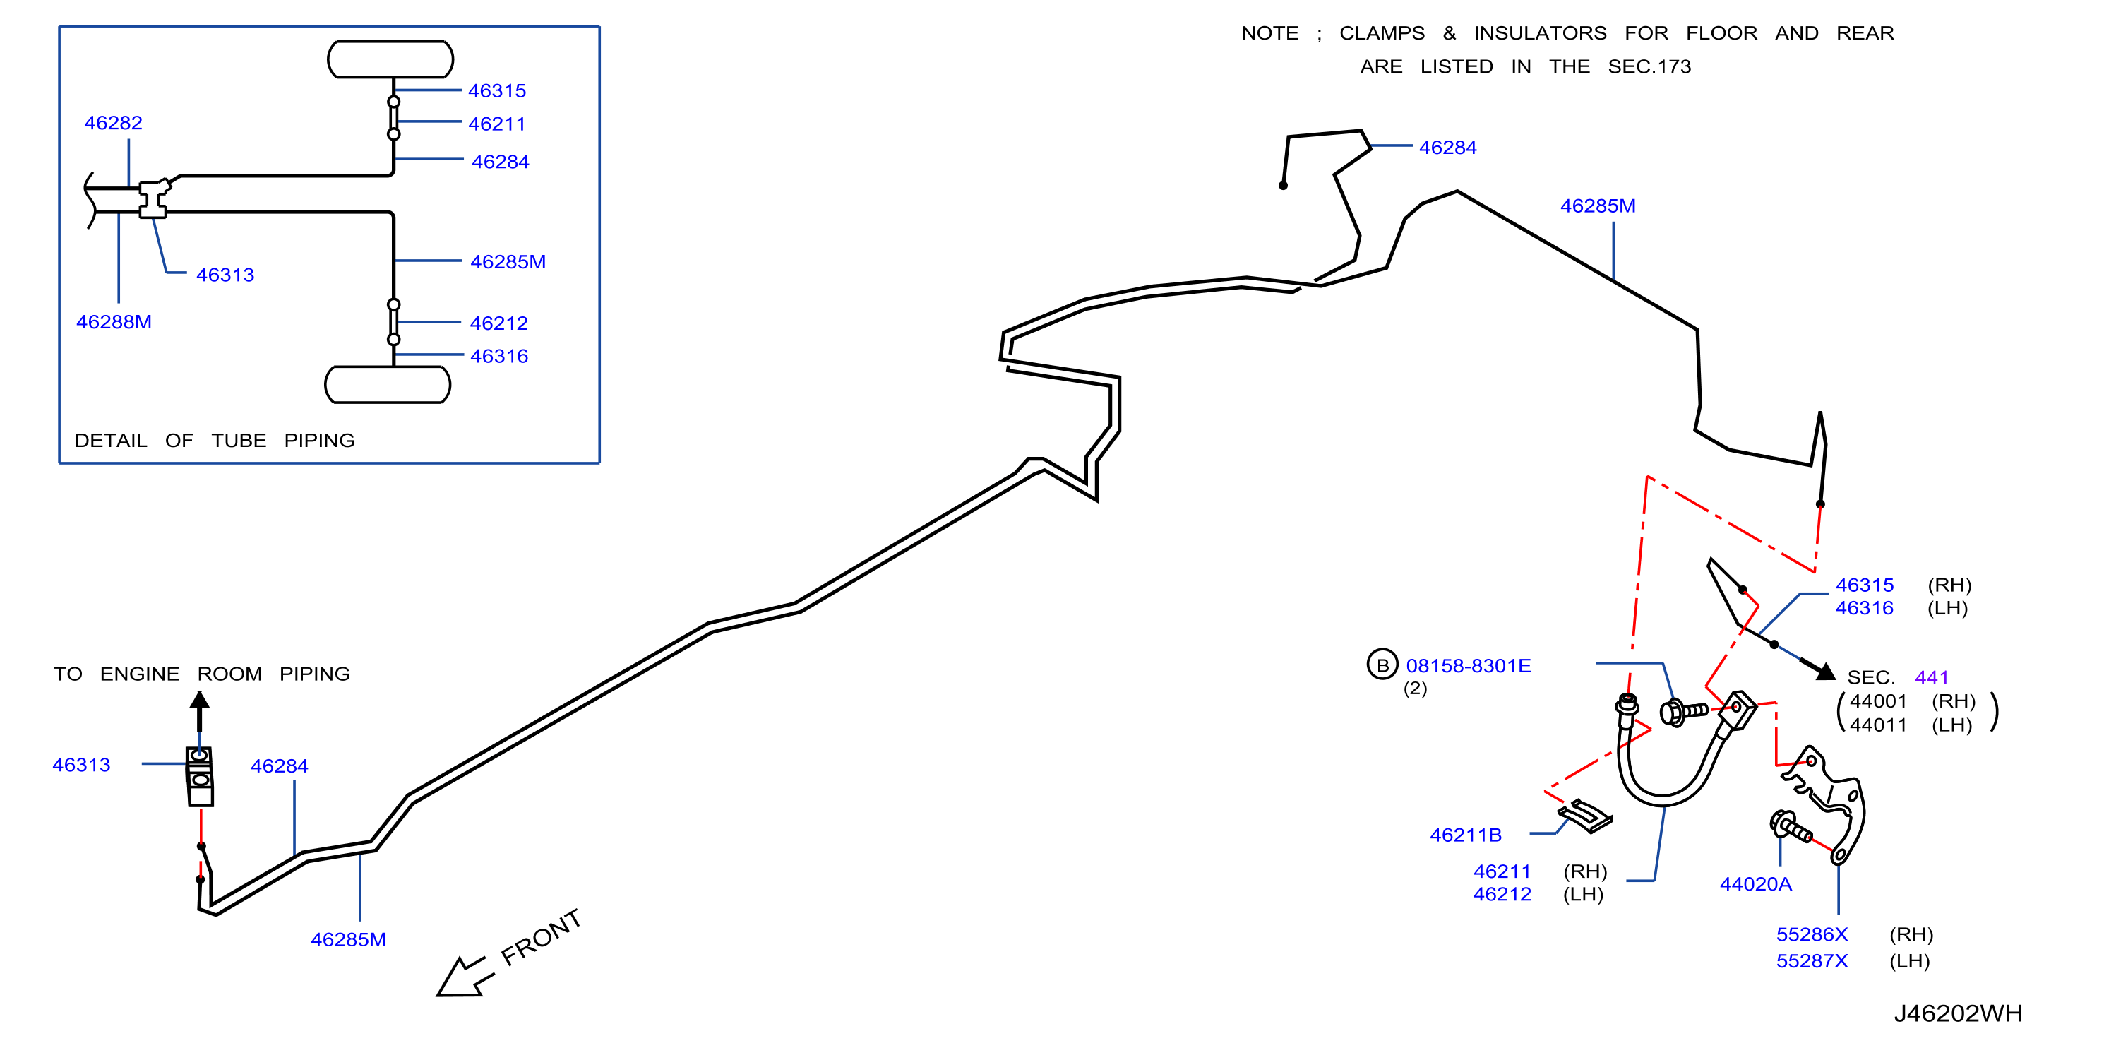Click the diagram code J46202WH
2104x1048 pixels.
tap(1958, 1013)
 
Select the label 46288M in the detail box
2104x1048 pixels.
tap(114, 322)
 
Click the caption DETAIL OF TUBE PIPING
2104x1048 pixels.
tap(215, 440)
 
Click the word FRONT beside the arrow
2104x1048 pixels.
tap(541, 938)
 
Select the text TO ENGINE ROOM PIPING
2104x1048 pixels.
tap(202, 674)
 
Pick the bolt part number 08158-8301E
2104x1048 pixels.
tap(1469, 666)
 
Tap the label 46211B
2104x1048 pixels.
tap(1465, 835)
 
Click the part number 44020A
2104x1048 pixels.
tap(1756, 884)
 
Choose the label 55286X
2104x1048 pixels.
tap(1812, 934)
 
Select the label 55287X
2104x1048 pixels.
tap(1812, 960)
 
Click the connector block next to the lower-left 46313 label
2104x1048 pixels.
tap(200, 776)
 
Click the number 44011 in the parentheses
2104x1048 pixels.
tap(1878, 725)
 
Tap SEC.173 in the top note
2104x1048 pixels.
tap(1649, 67)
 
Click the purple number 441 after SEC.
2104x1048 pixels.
tap(1932, 677)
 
